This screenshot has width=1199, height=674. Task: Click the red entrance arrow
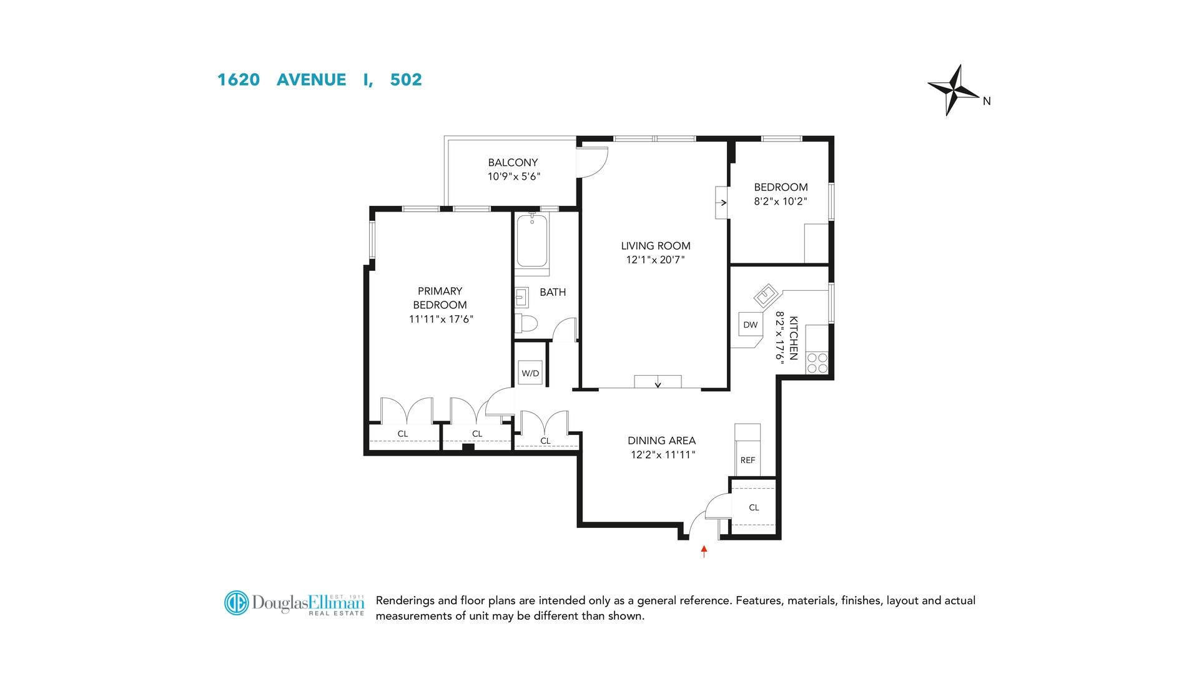pyautogui.click(x=704, y=551)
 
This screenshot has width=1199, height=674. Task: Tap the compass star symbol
pyautogui.click(x=952, y=90)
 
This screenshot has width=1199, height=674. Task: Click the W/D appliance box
pyautogui.click(x=530, y=373)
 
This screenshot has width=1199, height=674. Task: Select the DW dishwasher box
pyautogui.click(x=750, y=325)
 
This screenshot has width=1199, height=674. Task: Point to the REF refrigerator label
pyautogui.click(x=748, y=460)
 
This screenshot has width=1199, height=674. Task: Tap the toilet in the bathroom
pyautogui.click(x=526, y=323)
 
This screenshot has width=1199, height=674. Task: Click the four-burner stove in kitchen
pyautogui.click(x=817, y=363)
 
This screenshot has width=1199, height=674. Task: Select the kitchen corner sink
pyautogui.click(x=766, y=293)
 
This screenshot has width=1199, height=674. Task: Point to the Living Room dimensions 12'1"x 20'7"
pyautogui.click(x=655, y=260)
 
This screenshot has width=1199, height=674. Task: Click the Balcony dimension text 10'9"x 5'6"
pyautogui.click(x=513, y=177)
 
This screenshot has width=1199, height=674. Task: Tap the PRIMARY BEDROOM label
pyautogui.click(x=440, y=298)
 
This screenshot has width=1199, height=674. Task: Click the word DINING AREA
pyautogui.click(x=661, y=441)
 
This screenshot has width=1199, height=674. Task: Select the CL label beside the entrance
pyautogui.click(x=754, y=507)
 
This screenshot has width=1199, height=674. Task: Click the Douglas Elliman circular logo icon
pyautogui.click(x=237, y=603)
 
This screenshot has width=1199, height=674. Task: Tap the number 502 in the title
pyautogui.click(x=406, y=80)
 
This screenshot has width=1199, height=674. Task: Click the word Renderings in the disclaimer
pyautogui.click(x=405, y=600)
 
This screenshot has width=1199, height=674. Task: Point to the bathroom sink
pyautogui.click(x=521, y=298)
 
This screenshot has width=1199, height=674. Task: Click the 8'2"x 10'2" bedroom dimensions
pyautogui.click(x=780, y=201)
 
